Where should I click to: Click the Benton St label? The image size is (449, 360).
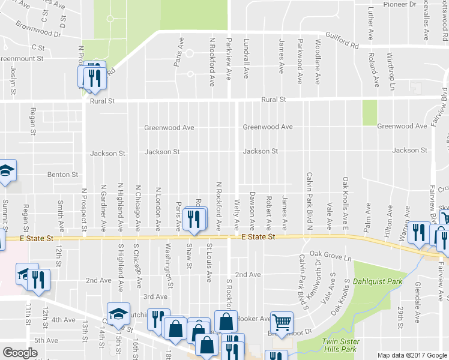(x=63, y=175)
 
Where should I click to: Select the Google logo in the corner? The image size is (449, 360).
(x=20, y=353)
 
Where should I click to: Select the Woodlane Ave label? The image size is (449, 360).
(x=319, y=57)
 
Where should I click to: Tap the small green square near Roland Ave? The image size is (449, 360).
(x=370, y=113)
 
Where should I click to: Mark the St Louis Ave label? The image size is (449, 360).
(x=209, y=262)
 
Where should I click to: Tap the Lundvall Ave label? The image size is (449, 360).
(x=246, y=58)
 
